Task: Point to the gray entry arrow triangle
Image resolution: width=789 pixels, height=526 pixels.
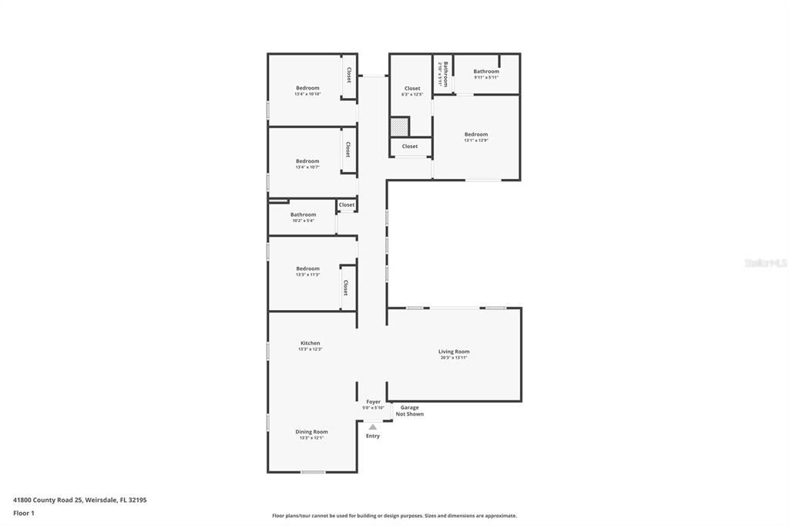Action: (373, 427)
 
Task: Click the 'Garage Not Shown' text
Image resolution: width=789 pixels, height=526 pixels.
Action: (409, 410)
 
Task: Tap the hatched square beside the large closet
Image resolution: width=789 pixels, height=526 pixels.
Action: (398, 126)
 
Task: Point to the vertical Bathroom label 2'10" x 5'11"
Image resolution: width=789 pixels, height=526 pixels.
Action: (443, 73)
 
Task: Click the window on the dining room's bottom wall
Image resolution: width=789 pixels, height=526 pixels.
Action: (312, 471)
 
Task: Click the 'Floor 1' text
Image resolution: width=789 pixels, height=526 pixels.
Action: (24, 513)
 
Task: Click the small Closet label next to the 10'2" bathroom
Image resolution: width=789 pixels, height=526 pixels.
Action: (347, 205)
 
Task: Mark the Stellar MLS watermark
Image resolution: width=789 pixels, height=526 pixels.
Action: (764, 263)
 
